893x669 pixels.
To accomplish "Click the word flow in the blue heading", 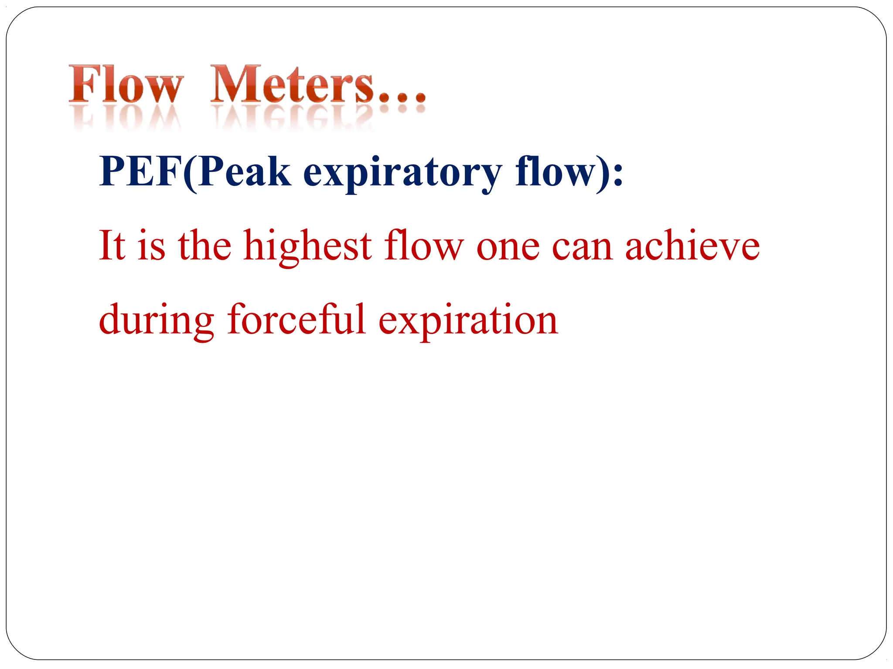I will coord(555,172).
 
